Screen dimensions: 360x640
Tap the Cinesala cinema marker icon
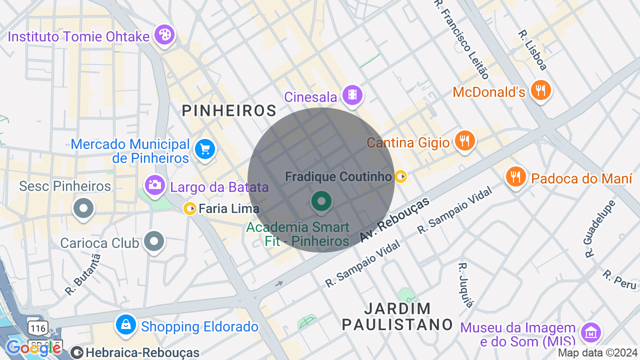pos(352,94)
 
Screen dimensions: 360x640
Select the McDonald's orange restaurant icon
pos(540,90)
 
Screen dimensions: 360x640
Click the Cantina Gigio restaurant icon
pos(464,140)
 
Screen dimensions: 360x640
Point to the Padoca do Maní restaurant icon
pos(515,176)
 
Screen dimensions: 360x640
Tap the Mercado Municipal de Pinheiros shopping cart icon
pos(204,149)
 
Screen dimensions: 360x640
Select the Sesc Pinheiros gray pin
pos(83,208)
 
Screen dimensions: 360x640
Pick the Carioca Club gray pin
pos(154,242)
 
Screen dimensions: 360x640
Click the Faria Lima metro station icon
pos(189,208)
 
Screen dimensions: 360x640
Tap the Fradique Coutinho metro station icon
pos(400,176)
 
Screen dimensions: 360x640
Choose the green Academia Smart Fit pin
pos(321,201)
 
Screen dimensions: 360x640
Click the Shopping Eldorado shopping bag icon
pos(126,325)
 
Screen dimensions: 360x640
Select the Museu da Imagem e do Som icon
pos(590,332)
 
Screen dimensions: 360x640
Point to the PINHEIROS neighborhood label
pos(229,110)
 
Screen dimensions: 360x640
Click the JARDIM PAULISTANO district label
pos(397,316)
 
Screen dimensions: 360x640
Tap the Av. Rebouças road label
pos(395,220)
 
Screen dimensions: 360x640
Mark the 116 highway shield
pos(38,328)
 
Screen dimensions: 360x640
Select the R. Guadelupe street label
pos(598,228)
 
